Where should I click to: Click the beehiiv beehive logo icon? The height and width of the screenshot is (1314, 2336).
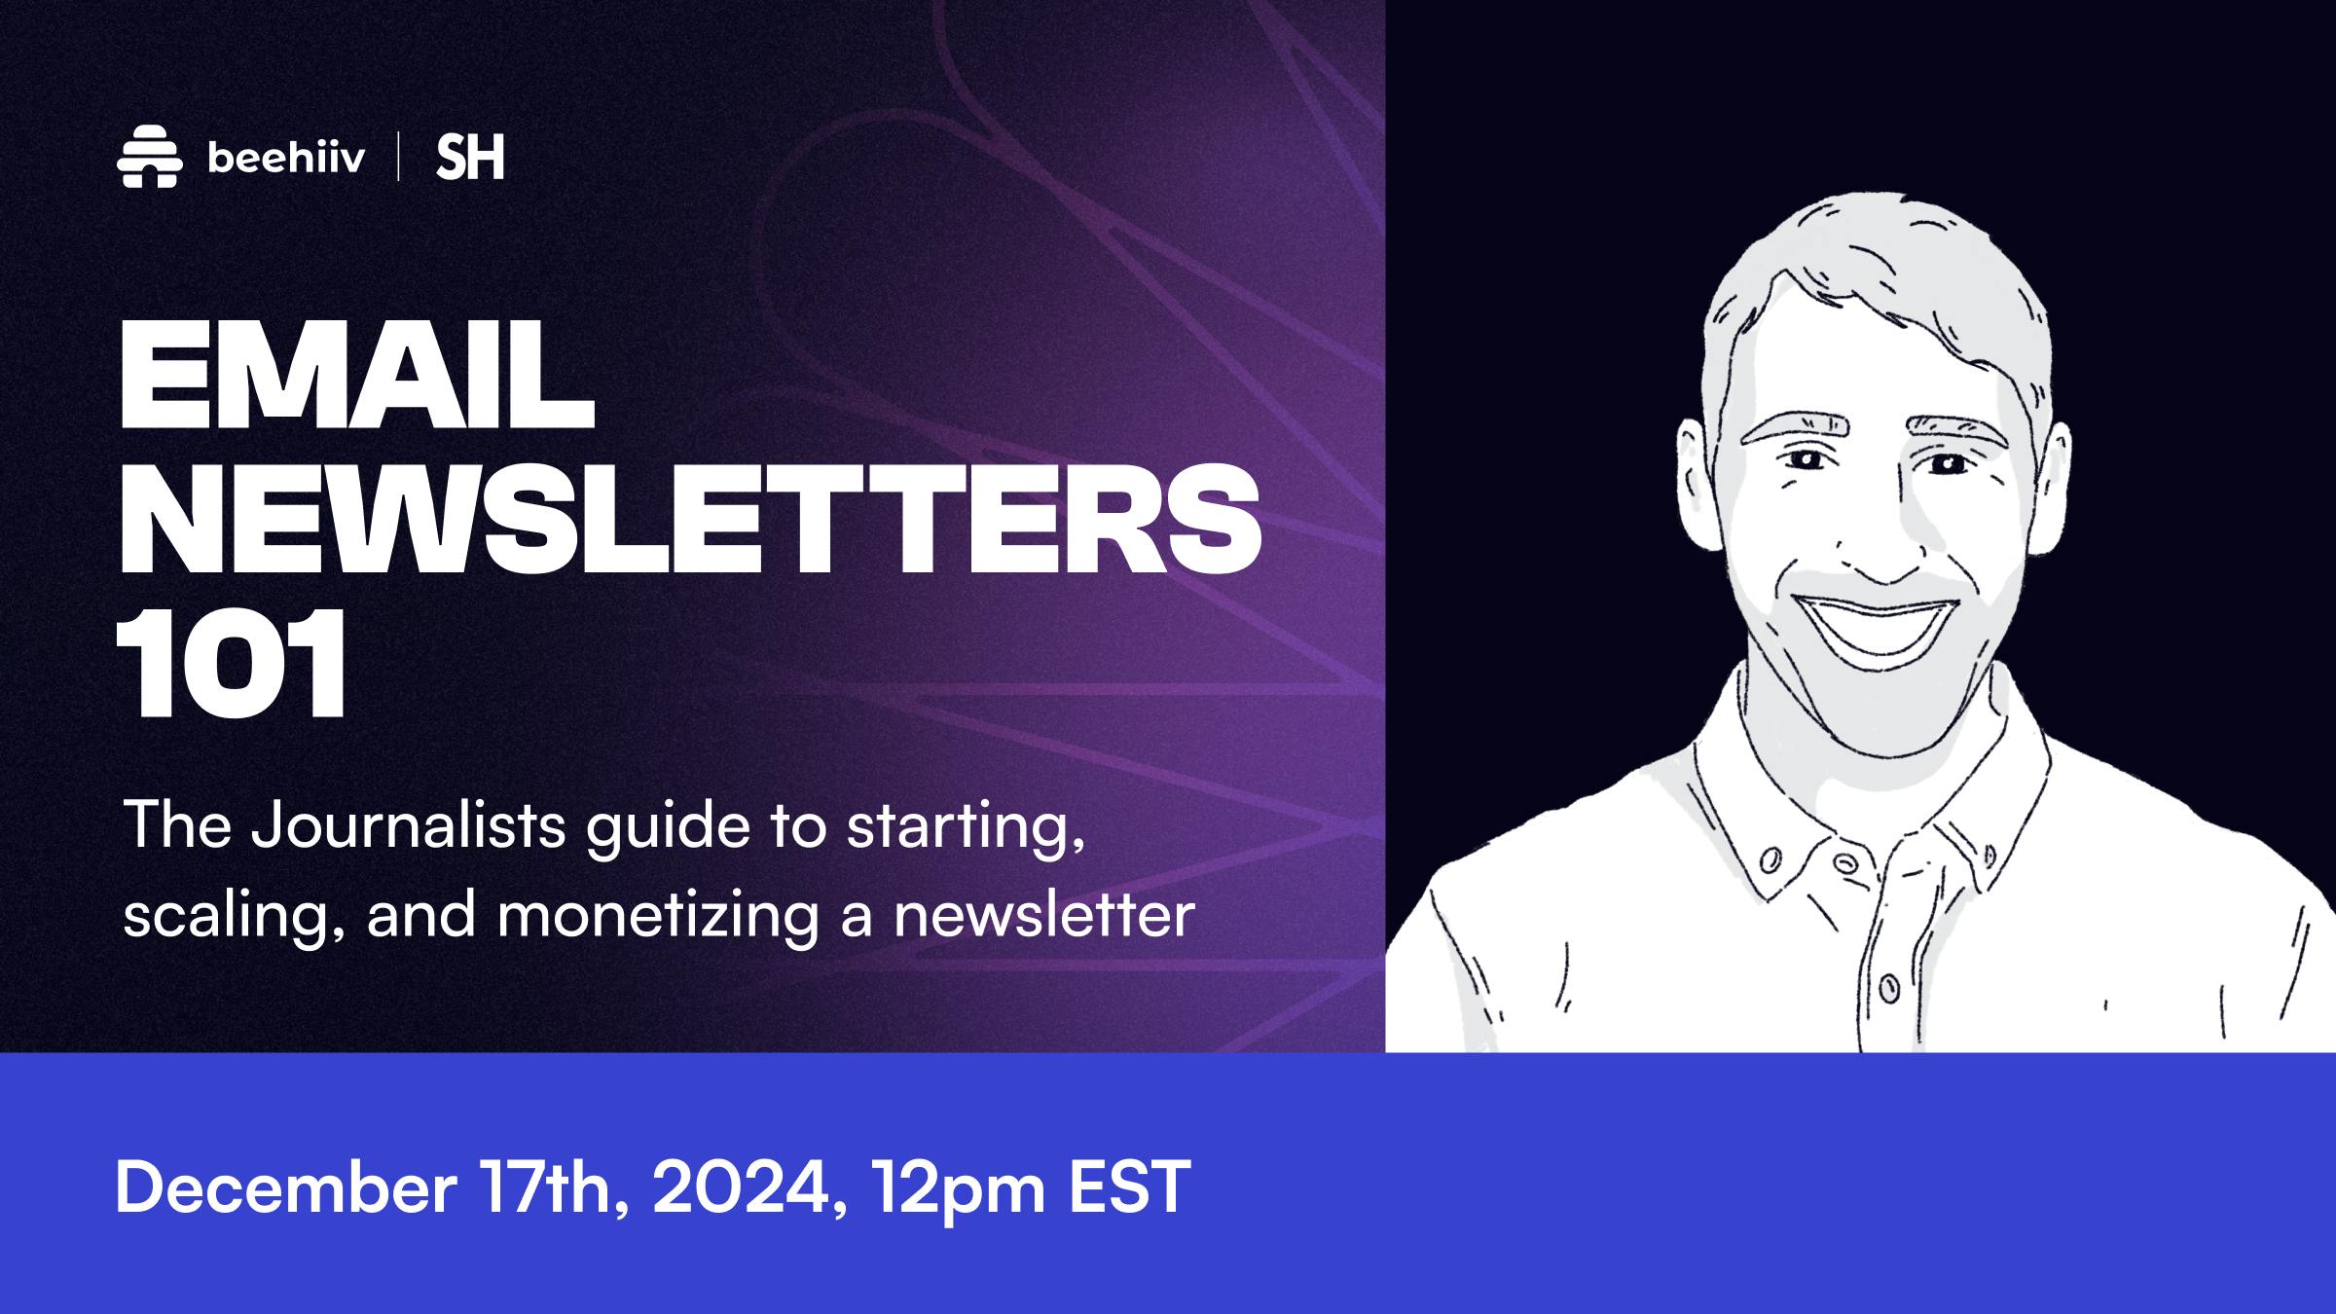(150, 157)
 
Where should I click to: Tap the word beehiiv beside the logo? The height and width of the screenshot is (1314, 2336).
(286, 158)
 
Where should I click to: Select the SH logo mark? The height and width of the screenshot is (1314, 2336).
(470, 158)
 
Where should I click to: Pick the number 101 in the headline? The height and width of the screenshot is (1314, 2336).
(232, 664)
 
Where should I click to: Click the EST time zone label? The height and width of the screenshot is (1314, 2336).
(1129, 1186)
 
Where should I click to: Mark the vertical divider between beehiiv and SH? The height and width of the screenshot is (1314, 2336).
(399, 158)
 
